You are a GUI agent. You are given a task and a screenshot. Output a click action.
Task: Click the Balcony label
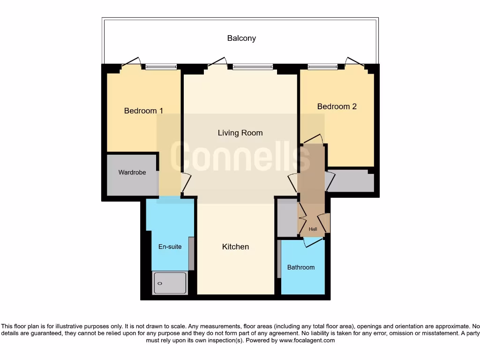pos(241,38)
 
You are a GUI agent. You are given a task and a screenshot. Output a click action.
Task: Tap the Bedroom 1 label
pos(143,111)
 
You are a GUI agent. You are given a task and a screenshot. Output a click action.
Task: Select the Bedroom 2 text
pos(337,106)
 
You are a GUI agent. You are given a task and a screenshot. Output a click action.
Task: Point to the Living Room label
pos(240,133)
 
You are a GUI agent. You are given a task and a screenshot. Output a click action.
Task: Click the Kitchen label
pos(235,247)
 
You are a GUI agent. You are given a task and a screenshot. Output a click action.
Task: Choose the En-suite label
pos(170,247)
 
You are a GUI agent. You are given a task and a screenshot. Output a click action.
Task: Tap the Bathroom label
pos(300,267)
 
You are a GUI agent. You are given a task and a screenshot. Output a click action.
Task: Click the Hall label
pos(313,229)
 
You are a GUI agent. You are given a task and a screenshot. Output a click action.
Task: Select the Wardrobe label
pos(132,172)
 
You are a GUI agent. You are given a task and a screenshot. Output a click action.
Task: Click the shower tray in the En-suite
pos(170,283)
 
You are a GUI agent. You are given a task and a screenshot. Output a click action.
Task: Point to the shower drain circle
pos(160,284)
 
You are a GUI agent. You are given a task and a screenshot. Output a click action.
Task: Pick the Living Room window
pos(252,67)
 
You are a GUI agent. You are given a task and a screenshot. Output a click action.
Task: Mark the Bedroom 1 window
pos(161,67)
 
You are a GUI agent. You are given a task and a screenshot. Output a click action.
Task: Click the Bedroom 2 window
pos(322,67)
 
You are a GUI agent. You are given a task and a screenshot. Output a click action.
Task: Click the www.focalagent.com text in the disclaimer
pos(307,341)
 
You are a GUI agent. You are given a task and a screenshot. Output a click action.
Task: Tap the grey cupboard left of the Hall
pos(287,218)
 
